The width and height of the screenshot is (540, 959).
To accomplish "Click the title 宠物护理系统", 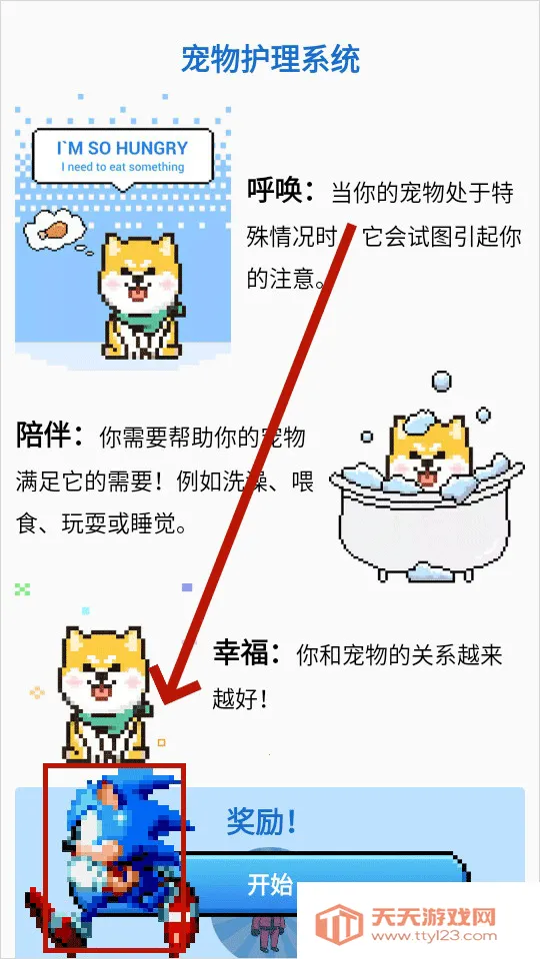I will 270,60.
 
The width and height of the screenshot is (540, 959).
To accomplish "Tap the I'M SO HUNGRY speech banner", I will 123,155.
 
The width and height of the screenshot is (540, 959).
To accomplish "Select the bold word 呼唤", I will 281,190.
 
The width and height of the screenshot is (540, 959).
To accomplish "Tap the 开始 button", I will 270,885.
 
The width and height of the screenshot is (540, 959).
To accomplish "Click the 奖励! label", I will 262,823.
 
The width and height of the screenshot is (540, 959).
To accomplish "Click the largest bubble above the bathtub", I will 441,382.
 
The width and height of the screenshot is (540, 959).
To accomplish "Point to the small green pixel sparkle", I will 23,589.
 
